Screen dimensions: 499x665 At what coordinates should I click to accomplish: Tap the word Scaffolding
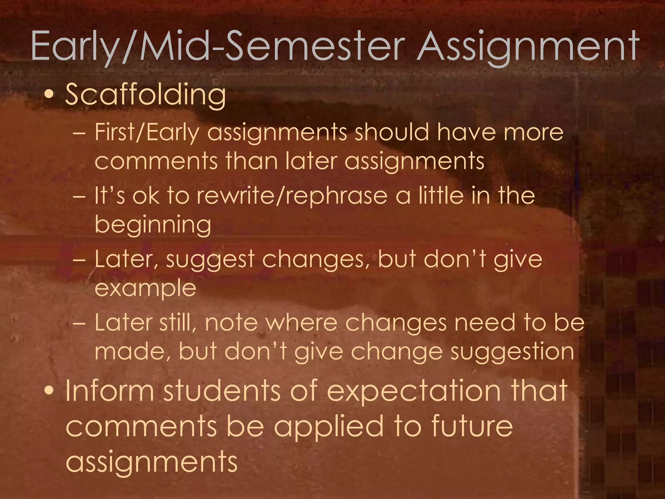[145, 95]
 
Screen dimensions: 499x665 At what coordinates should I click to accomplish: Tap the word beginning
[153, 225]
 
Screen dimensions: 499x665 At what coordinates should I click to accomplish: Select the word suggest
[210, 260]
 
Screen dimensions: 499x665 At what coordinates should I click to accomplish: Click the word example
[145, 289]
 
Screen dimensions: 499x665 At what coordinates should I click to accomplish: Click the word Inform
[110, 391]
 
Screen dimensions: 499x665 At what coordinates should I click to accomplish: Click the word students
[222, 391]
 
